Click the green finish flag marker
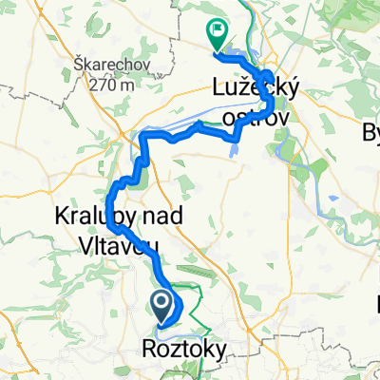coord(216,37)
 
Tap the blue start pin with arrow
coord(161,307)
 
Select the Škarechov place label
coord(105,66)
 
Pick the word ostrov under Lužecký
coord(255,115)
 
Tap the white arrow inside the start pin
coord(161,305)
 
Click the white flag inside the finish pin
coord(217,34)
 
